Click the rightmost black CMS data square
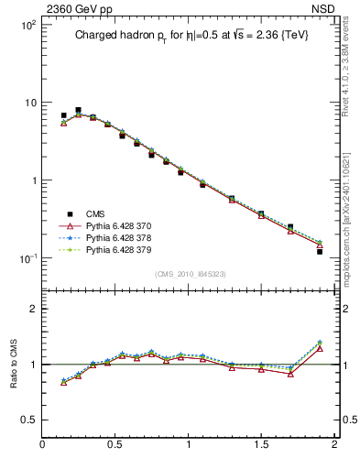[320, 250]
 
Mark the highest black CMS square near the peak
[78, 110]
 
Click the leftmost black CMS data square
[63, 115]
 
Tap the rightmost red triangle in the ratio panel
[320, 348]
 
